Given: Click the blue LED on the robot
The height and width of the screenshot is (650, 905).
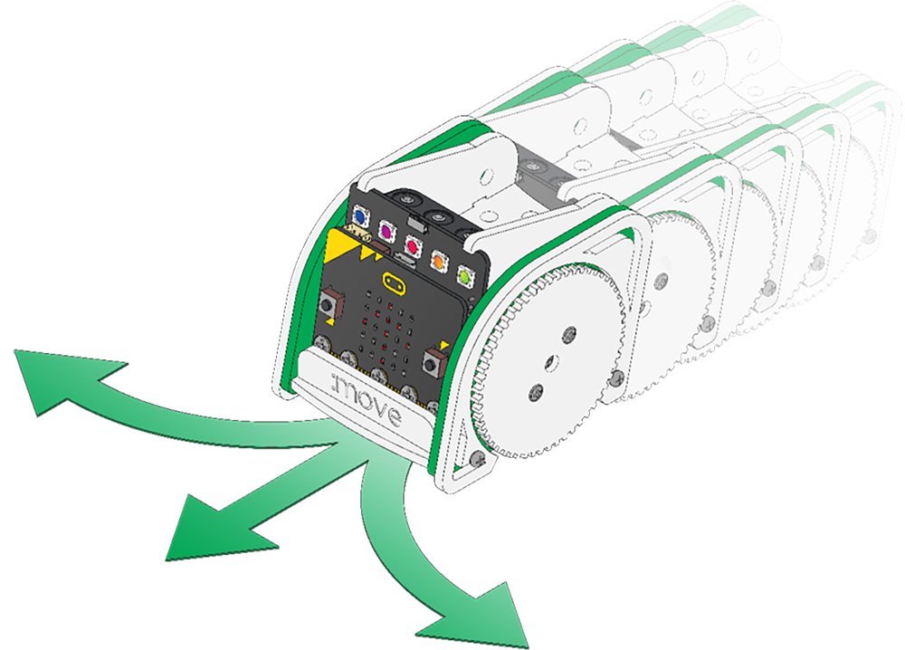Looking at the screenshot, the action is click(361, 218).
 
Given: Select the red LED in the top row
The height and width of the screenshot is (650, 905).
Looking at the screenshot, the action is click(414, 244).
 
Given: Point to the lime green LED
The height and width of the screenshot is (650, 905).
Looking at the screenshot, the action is click(465, 273).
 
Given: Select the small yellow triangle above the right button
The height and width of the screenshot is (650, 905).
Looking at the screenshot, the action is click(445, 345).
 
